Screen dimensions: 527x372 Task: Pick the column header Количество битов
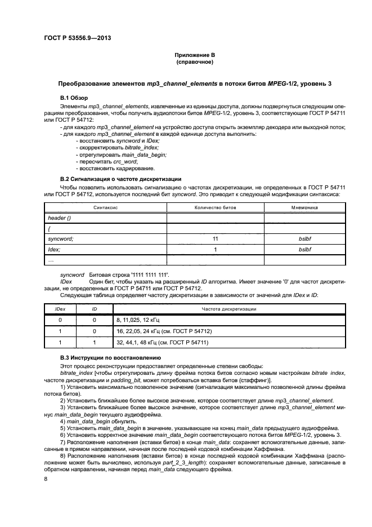[215, 207]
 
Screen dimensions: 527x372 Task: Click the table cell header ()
[60, 218]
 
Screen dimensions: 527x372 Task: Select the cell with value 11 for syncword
[215, 239]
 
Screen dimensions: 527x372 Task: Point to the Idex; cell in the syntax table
[55, 249]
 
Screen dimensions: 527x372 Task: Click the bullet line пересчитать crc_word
[109, 161]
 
